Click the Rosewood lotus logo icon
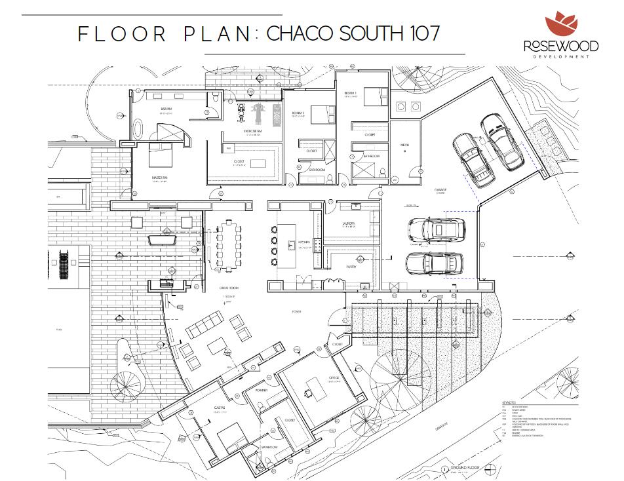562,24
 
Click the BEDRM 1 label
351,94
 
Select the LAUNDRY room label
348,223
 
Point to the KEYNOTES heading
509,402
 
